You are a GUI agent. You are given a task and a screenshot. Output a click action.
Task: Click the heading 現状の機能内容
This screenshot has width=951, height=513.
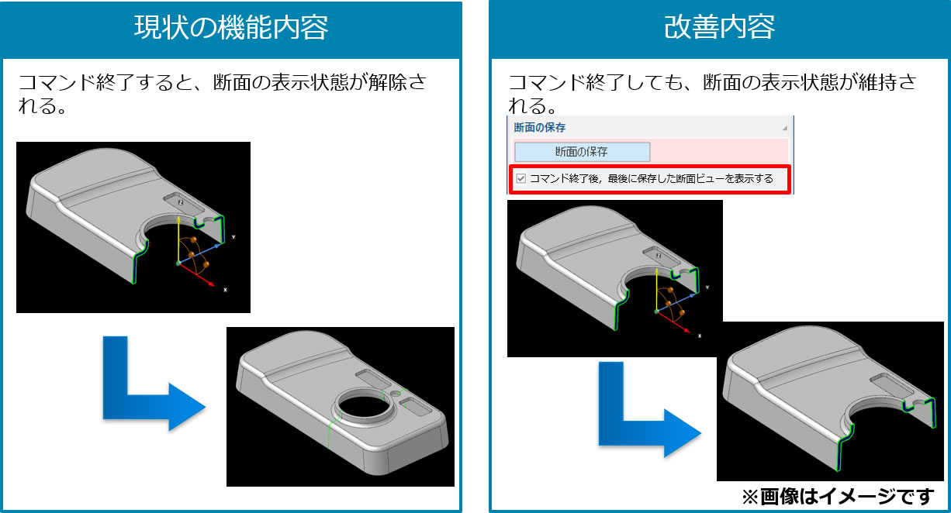point(231,28)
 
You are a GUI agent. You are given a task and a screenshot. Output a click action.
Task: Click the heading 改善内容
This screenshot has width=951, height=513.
point(720,27)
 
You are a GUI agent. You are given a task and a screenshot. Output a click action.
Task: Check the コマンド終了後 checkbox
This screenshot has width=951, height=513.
point(521,178)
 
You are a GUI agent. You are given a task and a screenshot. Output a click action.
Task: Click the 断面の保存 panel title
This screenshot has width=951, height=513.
point(540,128)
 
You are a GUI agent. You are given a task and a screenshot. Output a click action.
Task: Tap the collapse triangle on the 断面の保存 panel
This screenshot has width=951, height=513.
point(784,128)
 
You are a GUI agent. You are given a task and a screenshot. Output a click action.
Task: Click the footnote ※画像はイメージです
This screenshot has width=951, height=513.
point(838,496)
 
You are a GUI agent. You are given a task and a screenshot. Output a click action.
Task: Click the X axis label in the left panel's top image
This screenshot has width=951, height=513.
point(225,290)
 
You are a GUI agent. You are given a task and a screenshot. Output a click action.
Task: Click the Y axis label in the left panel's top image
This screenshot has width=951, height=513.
point(233,237)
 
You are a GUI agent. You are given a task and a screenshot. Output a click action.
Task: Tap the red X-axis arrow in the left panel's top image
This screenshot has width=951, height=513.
point(196,275)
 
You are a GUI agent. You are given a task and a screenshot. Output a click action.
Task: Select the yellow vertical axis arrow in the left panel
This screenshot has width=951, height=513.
point(178,239)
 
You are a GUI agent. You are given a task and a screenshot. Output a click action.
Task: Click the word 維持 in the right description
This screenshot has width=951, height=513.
point(877,82)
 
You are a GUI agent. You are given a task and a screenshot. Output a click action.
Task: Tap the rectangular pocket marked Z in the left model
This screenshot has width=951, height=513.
point(183,204)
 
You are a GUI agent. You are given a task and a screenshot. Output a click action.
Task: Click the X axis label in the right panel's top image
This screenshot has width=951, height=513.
point(700,336)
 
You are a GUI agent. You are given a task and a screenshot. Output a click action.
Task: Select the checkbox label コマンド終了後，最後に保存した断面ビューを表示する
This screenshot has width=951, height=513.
point(652,178)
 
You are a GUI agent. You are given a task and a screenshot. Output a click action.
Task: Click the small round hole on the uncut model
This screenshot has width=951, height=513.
point(396,394)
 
